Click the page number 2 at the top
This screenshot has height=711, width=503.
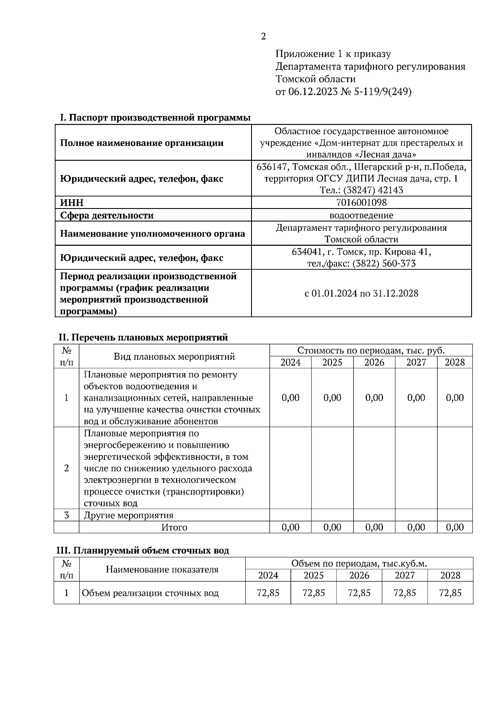(263, 37)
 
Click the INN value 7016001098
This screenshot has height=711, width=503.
(361, 203)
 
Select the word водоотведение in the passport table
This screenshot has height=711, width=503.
(361, 215)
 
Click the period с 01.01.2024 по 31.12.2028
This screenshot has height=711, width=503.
(361, 293)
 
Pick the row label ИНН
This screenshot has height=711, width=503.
(72, 203)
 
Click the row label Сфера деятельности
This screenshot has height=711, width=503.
(107, 216)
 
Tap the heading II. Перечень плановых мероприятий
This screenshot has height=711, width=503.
(143, 337)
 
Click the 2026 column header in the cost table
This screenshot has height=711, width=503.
(374, 362)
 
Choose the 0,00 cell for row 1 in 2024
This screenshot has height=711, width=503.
(290, 398)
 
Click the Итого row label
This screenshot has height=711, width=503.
(174, 528)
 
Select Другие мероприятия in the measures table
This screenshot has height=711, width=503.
(129, 515)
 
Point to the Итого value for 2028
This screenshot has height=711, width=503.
(455, 528)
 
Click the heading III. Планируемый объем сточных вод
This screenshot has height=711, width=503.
(143, 550)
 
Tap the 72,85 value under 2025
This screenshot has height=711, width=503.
(314, 593)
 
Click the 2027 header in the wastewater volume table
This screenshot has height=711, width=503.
(404, 575)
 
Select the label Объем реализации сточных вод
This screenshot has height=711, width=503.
(150, 593)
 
